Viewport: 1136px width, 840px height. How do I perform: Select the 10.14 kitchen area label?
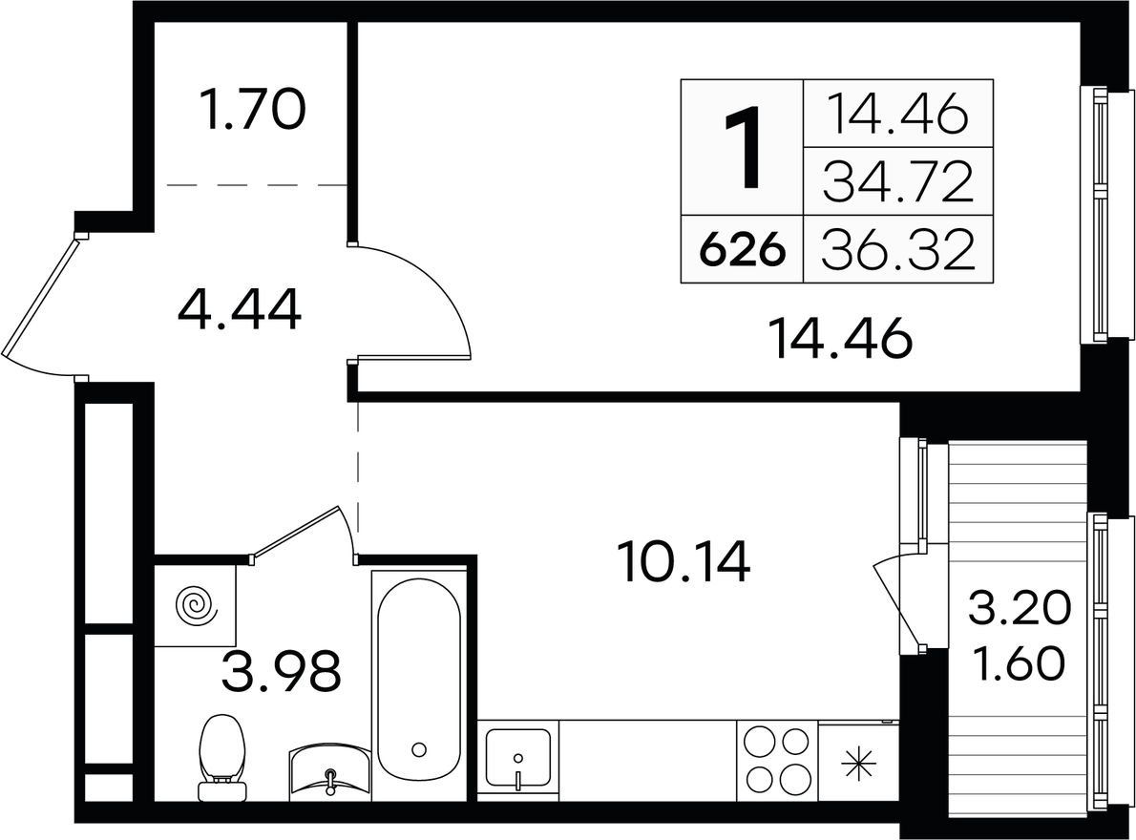(x=684, y=562)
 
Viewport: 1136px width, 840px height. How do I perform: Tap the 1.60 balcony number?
(x=1020, y=664)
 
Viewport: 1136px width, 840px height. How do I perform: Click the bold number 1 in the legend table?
(x=744, y=147)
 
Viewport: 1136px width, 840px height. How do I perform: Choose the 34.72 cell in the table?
(x=898, y=181)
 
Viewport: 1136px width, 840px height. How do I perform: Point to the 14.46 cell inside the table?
(x=898, y=115)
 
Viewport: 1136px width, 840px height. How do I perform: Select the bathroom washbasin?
(x=330, y=772)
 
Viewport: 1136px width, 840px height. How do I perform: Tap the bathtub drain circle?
(x=418, y=748)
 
